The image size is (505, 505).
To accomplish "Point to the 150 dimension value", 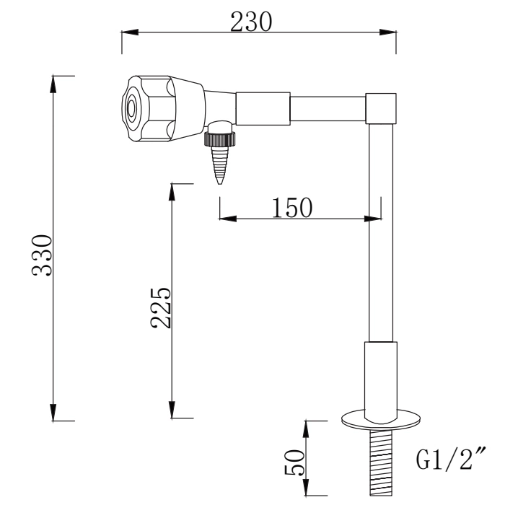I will pyautogui.click(x=291, y=208).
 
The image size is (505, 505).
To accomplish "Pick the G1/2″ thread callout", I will pyautogui.click(x=449, y=460).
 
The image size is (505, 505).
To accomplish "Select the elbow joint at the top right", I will pyautogui.click(x=380, y=107).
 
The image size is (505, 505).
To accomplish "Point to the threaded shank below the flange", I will pyautogui.click(x=380, y=462).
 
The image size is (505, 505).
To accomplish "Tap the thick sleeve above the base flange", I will pyautogui.click(x=380, y=379).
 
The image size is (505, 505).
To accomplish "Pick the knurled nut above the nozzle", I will pyautogui.click(x=219, y=139).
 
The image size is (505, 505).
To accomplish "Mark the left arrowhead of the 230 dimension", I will pyautogui.click(x=126, y=32).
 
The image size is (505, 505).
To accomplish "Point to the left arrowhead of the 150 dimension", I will pyautogui.click(x=223, y=219).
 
